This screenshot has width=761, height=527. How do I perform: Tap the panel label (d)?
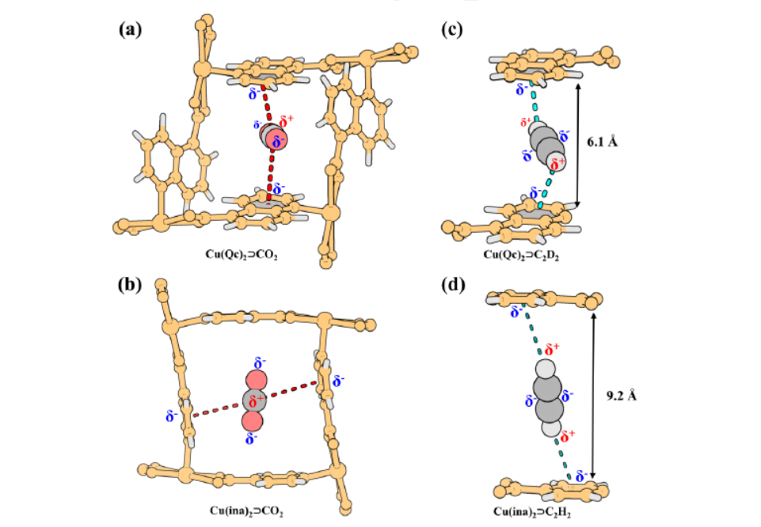(x=454, y=286)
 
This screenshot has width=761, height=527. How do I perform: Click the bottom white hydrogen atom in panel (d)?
(x=552, y=428)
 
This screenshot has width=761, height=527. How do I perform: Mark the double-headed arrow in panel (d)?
(x=594, y=396)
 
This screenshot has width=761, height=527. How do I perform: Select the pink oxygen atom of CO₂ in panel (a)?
(x=277, y=141)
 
